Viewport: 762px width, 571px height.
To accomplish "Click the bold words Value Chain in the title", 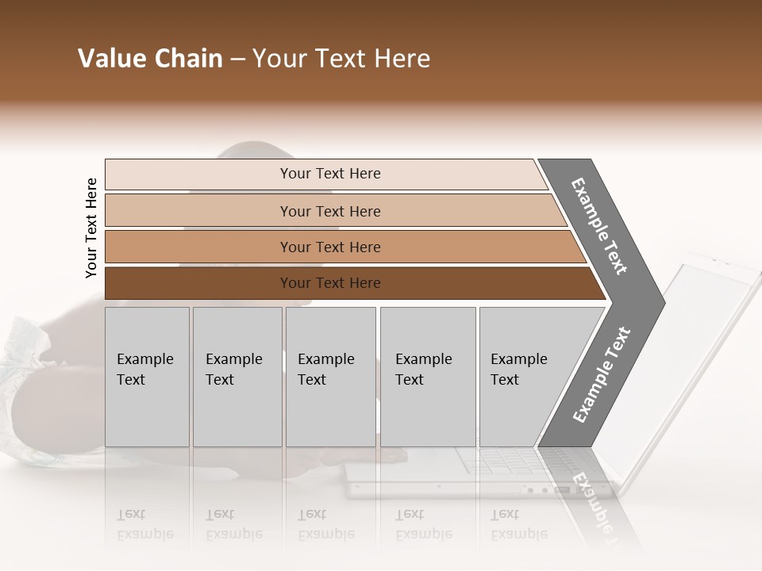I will (x=150, y=59).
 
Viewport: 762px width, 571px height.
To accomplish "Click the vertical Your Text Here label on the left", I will (x=91, y=228).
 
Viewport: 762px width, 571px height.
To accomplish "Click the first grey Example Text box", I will (x=147, y=377).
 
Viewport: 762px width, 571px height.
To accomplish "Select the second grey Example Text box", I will (x=237, y=377).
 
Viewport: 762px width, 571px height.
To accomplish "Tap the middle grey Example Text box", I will (x=330, y=377).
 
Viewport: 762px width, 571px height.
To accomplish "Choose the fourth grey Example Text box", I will (x=428, y=377).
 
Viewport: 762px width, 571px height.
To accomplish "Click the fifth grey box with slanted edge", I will (x=524, y=377).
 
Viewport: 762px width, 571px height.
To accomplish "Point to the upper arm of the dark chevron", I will (x=599, y=226).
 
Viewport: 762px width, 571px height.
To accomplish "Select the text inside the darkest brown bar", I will (x=330, y=283).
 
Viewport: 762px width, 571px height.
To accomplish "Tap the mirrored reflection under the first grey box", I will (x=147, y=523).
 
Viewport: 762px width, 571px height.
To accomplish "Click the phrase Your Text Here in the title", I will (x=341, y=59).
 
